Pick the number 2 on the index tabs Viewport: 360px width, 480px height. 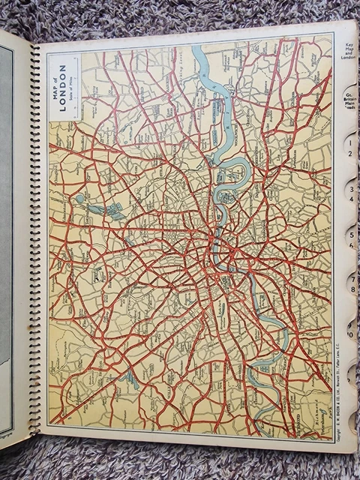349,154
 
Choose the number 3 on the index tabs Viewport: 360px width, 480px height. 350,190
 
